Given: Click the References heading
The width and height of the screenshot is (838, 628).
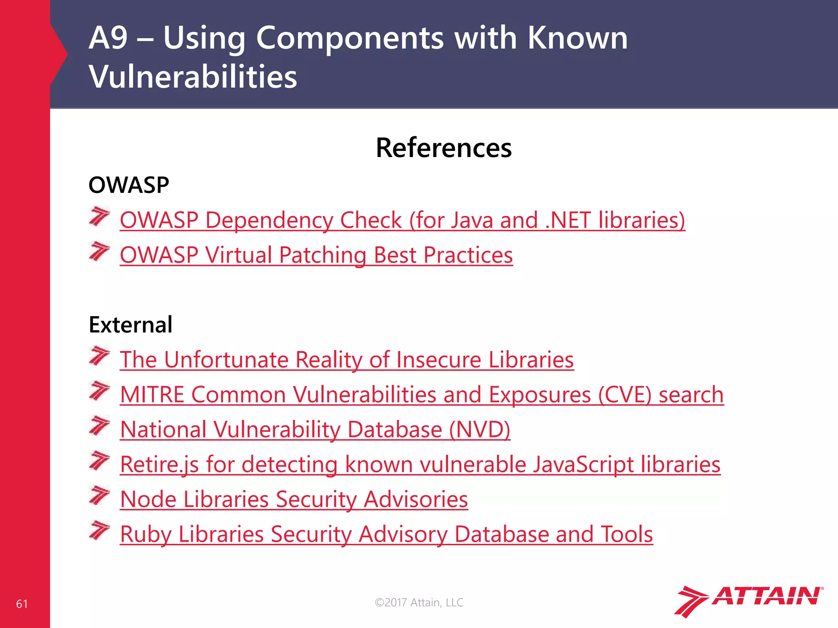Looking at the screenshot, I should pos(444,148).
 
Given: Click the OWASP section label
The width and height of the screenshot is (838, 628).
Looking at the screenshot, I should pos(128,185).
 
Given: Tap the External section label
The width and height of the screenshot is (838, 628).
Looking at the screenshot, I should pos(131,325).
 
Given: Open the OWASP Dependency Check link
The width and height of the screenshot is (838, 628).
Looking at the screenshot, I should pos(402,220).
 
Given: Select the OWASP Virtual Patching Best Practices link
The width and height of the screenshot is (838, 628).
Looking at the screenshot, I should pos(316,255).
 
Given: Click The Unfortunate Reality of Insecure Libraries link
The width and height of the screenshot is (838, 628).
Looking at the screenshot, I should pos(347,360).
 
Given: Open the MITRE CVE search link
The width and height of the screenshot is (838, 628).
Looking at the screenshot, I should pos(422,395).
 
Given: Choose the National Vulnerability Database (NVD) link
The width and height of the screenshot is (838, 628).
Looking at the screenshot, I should pos(315,429).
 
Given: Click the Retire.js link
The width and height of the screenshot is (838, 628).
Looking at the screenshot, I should pos(420,464).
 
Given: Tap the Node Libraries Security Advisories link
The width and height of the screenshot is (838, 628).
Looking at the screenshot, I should pos(294,499).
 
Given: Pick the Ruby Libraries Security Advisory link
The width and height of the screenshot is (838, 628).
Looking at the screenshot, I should pos(386,534).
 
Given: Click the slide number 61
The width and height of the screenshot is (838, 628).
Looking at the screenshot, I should pos(22,604).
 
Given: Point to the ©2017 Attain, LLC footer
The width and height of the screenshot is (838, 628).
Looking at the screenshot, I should pos(419,602).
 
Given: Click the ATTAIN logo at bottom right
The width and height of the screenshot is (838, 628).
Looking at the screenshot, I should pos(748,600).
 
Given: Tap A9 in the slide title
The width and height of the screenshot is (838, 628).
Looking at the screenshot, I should pos(108,38).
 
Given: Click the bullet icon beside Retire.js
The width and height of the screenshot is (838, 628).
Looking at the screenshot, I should pos(99,461).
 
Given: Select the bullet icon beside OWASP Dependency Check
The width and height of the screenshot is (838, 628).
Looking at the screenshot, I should pos(99,216).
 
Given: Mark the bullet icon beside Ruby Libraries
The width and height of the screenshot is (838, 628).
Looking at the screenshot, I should pos(99,530).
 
